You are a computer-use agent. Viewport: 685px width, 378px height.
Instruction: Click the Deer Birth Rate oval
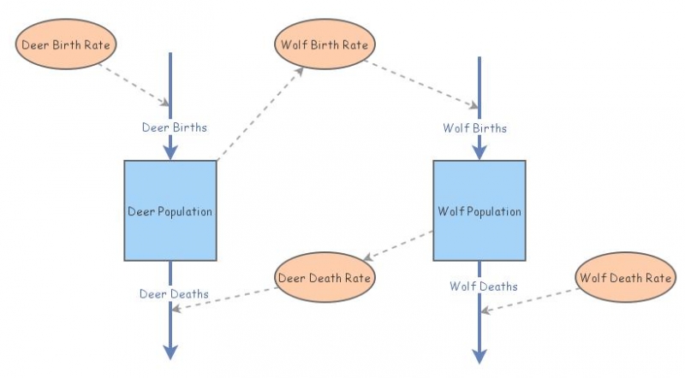66,43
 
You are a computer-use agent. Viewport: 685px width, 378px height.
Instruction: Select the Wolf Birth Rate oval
325,44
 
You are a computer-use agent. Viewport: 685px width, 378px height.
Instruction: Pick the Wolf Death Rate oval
624,277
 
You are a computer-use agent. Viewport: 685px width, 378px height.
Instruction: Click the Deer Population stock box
170,210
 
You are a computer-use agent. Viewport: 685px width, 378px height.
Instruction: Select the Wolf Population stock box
479,210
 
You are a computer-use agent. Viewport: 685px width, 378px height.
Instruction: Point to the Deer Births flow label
174,127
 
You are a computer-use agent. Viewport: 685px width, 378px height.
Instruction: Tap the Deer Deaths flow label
174,293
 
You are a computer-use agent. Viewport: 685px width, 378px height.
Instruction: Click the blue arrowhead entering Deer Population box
170,151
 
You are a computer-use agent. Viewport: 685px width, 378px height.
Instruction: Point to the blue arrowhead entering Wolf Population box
479,151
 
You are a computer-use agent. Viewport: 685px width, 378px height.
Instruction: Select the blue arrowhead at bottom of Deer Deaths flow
170,352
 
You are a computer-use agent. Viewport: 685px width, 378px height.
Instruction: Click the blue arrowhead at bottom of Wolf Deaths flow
479,352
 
